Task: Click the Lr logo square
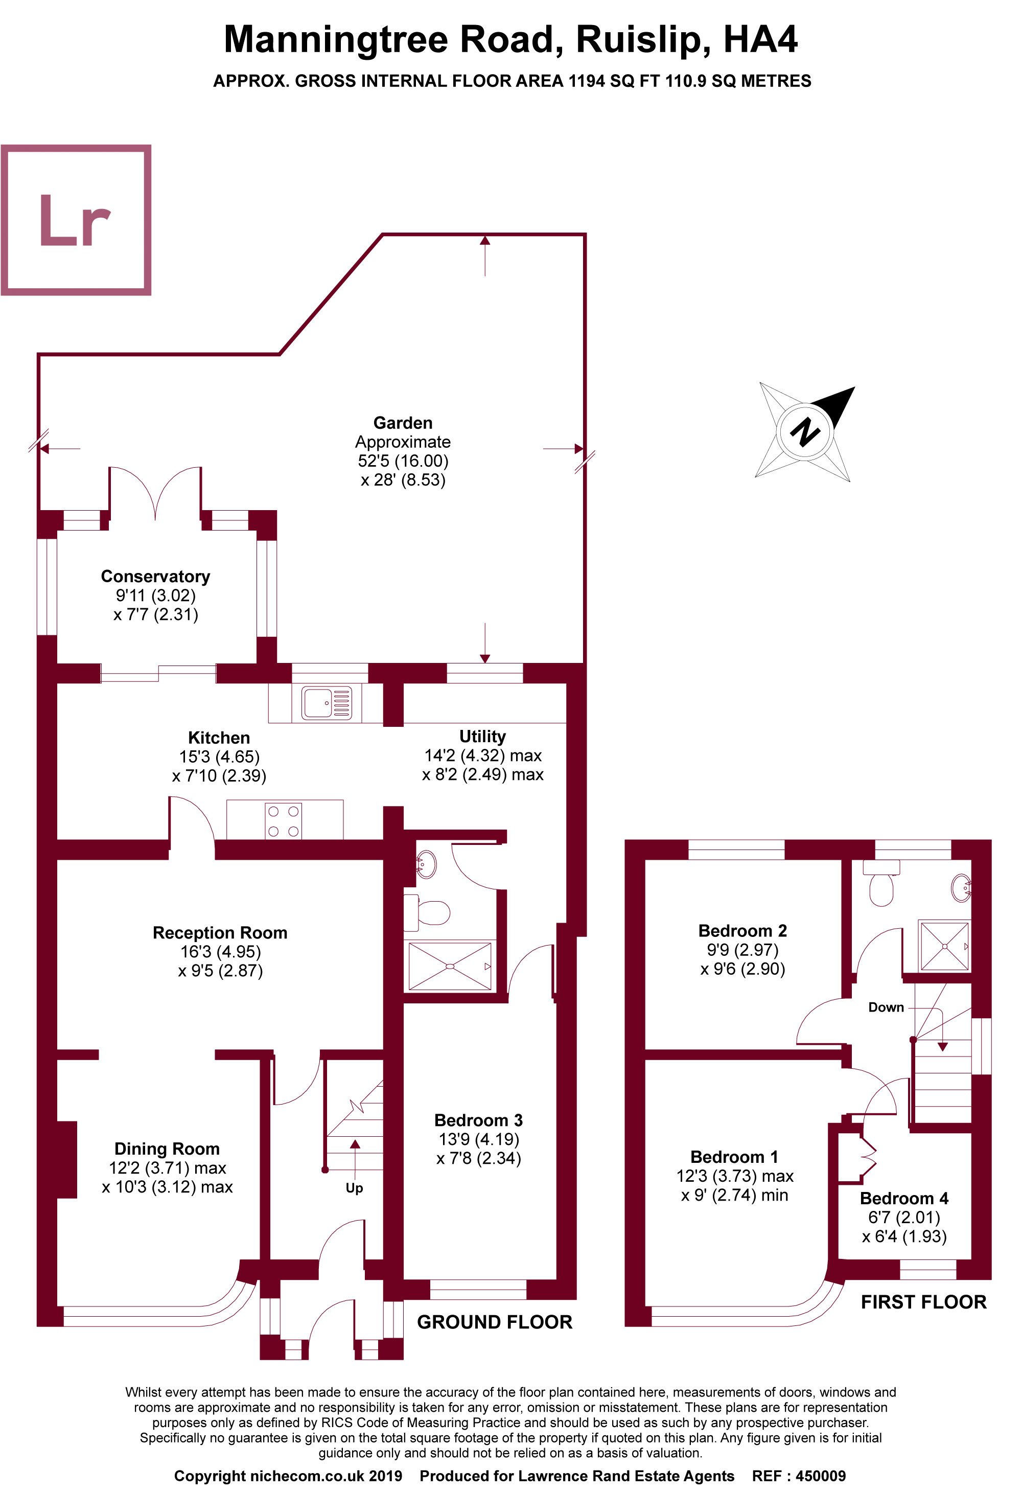76,220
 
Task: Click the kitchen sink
327,702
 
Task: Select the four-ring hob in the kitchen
284,820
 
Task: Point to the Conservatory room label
155,576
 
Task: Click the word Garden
402,423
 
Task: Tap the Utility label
482,736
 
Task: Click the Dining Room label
167,1149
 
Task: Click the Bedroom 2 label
742,930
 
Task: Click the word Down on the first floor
886,1007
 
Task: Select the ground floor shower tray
450,966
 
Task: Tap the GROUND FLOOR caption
494,1322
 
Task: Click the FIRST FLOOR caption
923,1302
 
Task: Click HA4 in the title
760,40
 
